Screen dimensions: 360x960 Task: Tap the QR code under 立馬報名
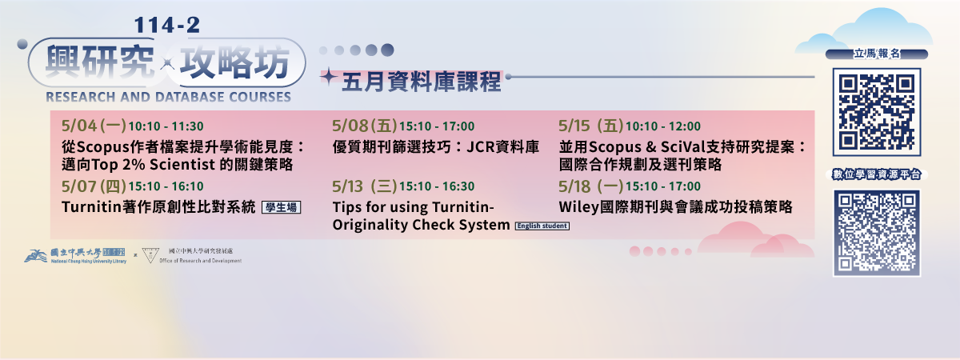pyautogui.click(x=876, y=112)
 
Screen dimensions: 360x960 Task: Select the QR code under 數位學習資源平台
pyautogui.click(x=876, y=234)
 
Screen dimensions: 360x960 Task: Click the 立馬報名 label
pyautogui.click(x=877, y=54)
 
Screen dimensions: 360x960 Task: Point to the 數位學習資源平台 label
pyautogui.click(x=877, y=174)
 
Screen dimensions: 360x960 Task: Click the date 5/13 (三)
pyautogui.click(x=365, y=186)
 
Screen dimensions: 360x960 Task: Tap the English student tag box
pyautogui.click(x=542, y=226)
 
